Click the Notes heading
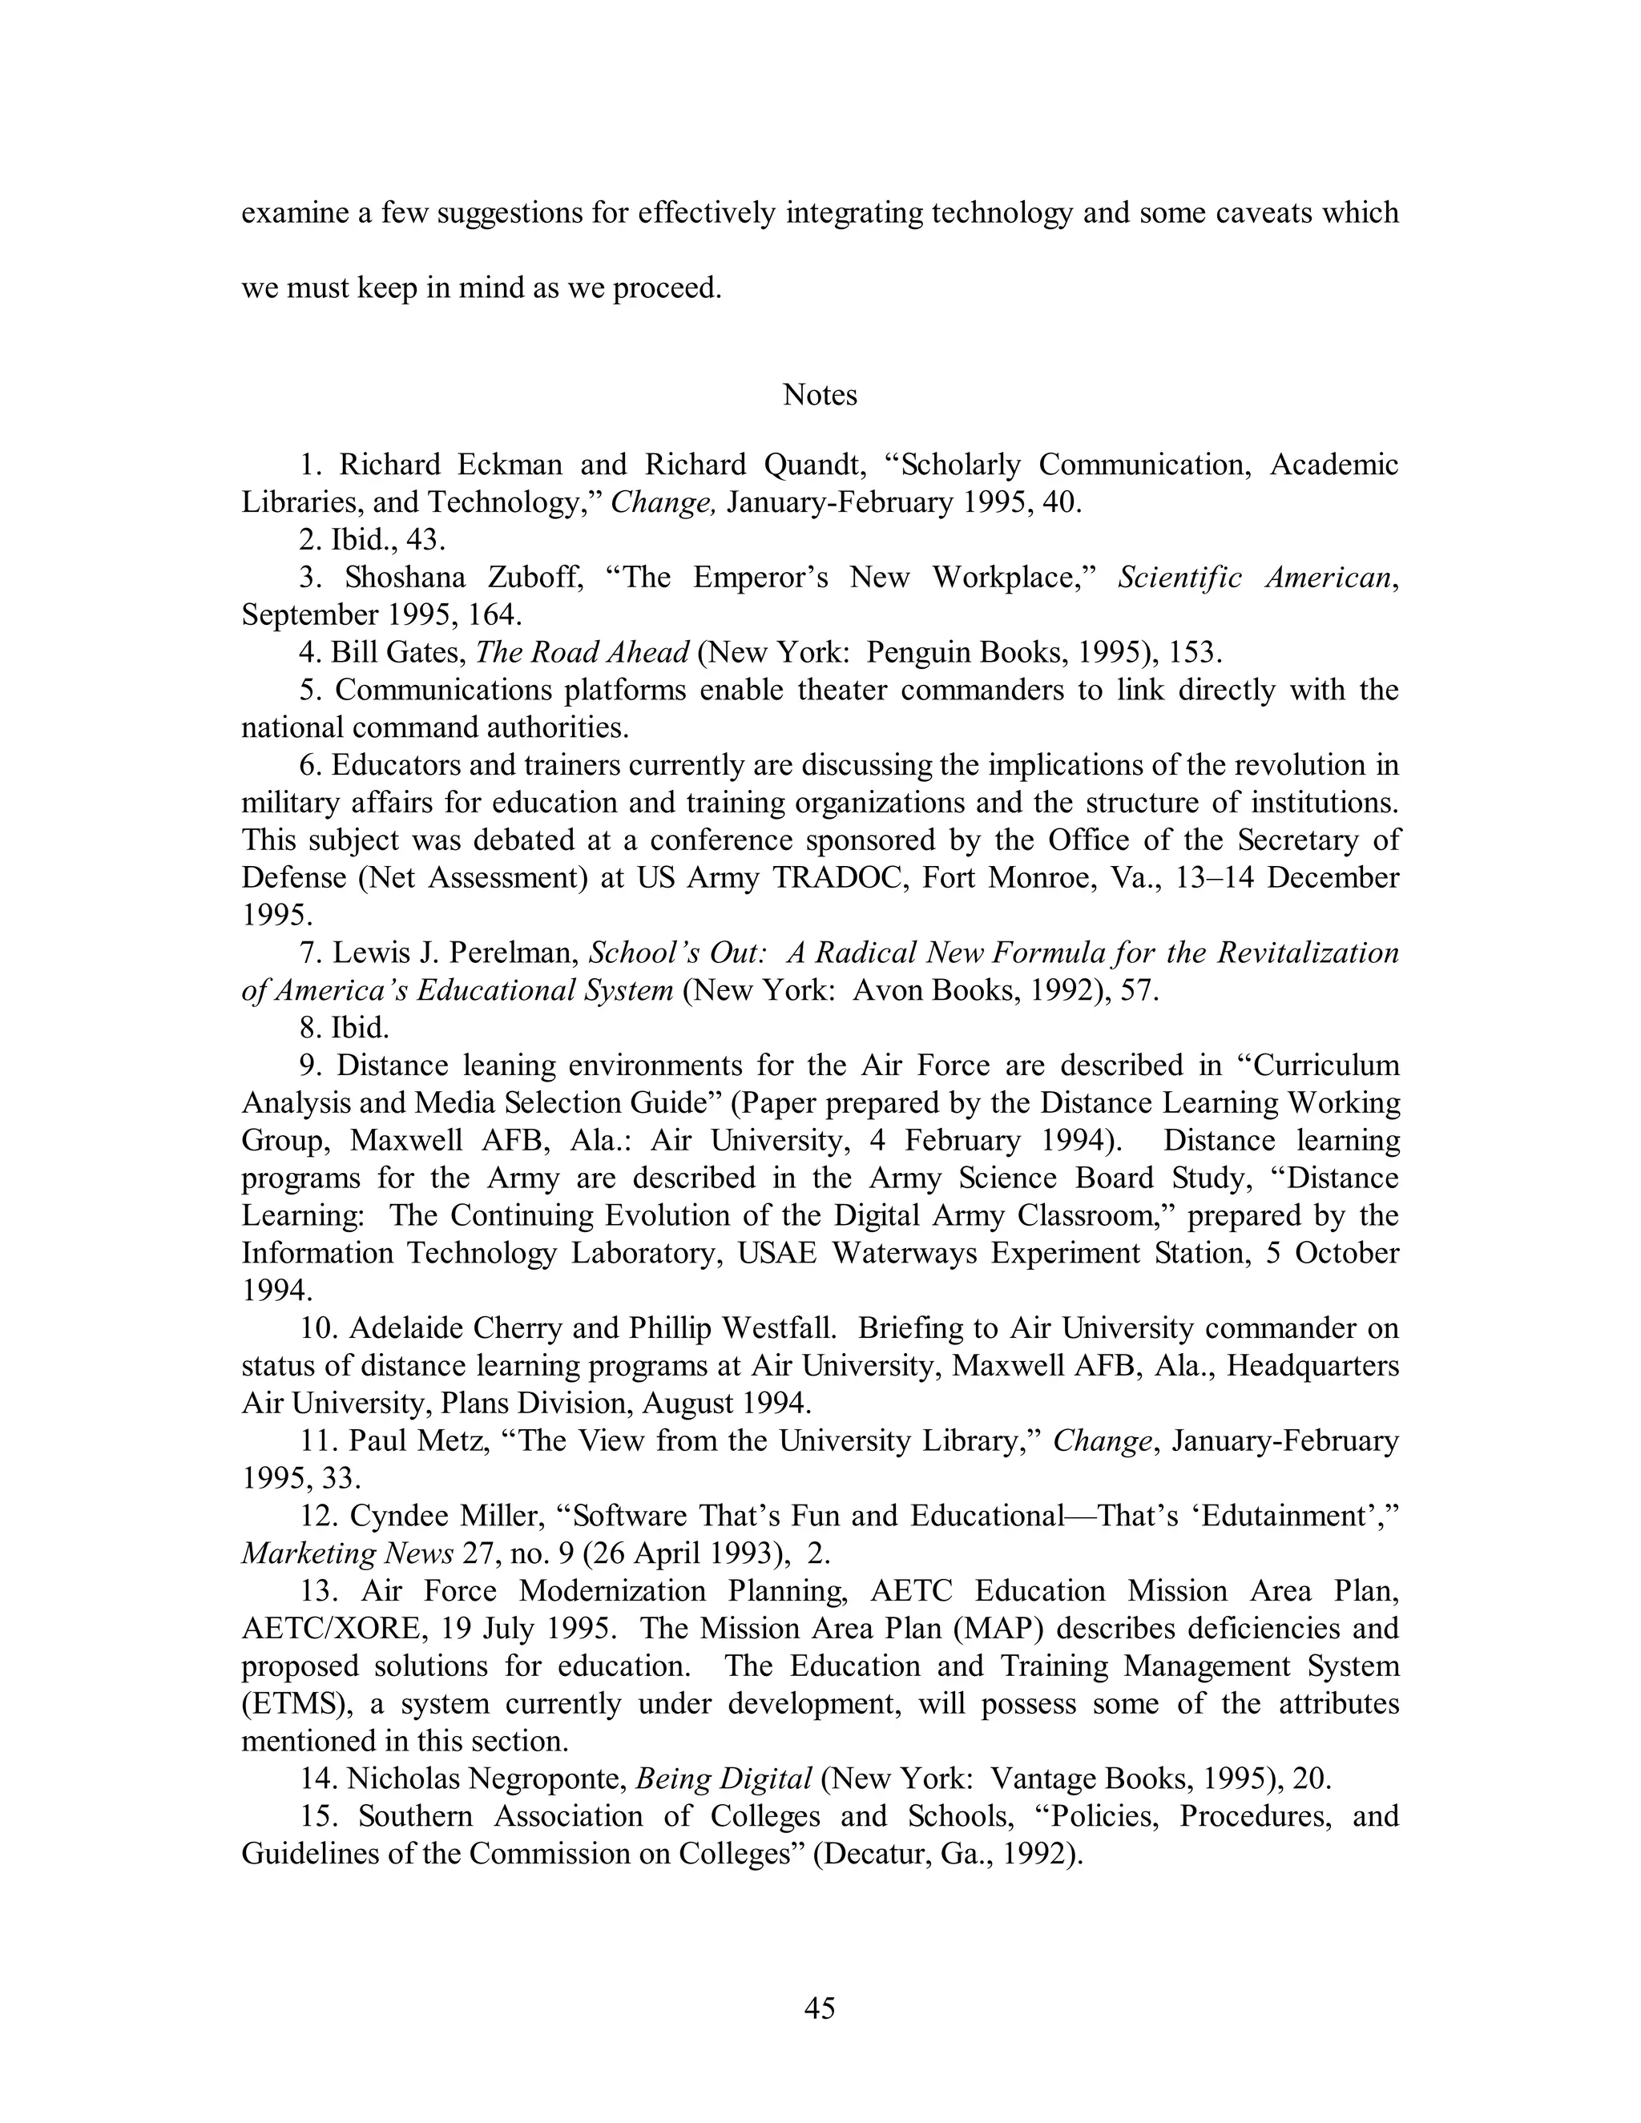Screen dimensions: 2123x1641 click(820, 395)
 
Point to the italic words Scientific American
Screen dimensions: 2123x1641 click(1256, 578)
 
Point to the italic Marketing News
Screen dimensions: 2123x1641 click(347, 1553)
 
